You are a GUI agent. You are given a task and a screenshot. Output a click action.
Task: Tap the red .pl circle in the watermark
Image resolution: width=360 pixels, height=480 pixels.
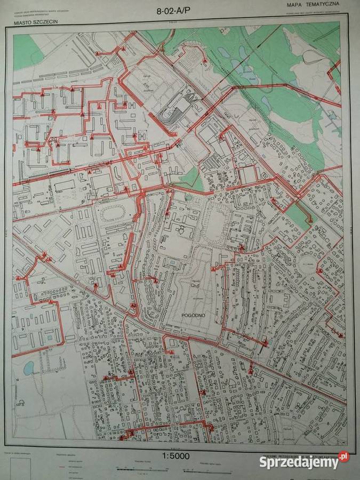click(x=343, y=457)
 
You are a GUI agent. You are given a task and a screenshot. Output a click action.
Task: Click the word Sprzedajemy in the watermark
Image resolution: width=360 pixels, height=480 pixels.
click(x=299, y=462)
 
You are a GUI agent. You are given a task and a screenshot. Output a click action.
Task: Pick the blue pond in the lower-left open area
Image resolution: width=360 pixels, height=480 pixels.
click(x=29, y=367)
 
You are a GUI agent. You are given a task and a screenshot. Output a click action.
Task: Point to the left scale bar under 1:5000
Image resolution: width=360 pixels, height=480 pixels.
click(x=141, y=469)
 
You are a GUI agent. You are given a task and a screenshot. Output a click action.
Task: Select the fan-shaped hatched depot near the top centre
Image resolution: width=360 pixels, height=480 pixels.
click(x=174, y=109)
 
